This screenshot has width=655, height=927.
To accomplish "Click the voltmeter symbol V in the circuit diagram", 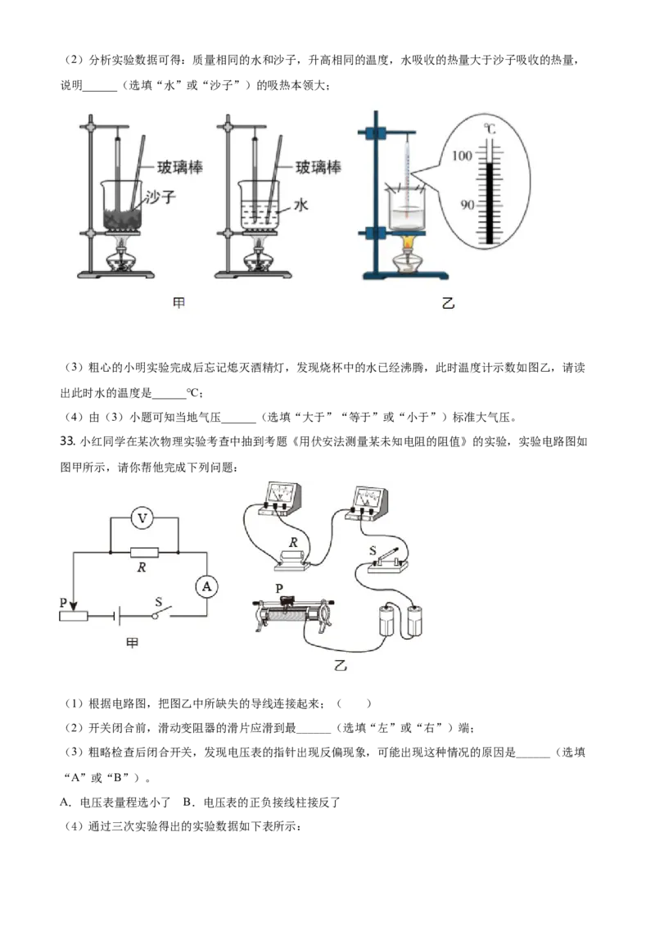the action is click(x=142, y=518).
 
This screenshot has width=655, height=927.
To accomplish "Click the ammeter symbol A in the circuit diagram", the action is click(x=206, y=586).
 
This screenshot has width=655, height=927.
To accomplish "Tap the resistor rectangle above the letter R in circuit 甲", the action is click(x=144, y=552).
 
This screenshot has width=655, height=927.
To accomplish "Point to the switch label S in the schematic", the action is click(x=159, y=602).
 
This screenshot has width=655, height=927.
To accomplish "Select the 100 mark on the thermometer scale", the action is click(x=462, y=156).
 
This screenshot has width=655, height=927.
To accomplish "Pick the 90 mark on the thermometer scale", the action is click(x=467, y=205).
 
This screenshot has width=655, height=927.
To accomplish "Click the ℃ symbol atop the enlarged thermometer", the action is click(x=490, y=129).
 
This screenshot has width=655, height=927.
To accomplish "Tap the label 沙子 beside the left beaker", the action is click(x=161, y=197).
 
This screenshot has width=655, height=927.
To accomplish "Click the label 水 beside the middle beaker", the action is click(x=301, y=205).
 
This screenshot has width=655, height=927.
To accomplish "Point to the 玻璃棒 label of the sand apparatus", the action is click(x=179, y=167).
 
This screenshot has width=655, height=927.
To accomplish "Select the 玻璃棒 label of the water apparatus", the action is click(x=318, y=167).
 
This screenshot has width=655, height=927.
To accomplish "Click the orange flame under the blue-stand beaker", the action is click(x=408, y=242).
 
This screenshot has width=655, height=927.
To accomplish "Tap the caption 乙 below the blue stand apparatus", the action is click(x=448, y=303).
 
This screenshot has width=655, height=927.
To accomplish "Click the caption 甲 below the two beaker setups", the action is click(x=178, y=303).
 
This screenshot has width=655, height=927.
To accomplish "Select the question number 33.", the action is click(x=67, y=441).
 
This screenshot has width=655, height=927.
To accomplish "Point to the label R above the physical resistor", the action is click(x=294, y=542).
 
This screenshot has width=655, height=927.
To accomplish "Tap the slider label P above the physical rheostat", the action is click(x=279, y=588).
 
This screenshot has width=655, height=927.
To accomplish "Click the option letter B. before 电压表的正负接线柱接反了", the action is click(x=188, y=803).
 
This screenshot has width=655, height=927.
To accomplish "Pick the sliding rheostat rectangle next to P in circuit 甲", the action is click(x=74, y=616).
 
